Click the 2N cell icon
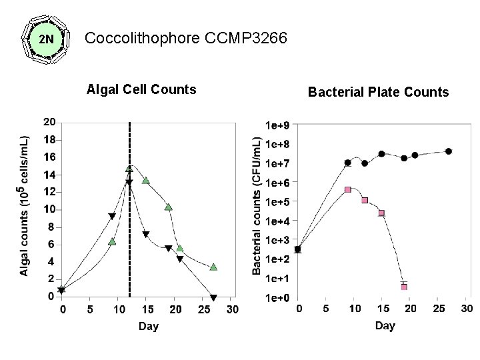tap(45, 39)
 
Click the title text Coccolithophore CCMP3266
tap(187, 39)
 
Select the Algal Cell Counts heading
tap(141, 89)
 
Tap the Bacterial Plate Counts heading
tap(378, 92)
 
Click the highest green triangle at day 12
tap(129, 169)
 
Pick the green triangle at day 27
tap(213, 267)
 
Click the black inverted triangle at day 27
tap(213, 298)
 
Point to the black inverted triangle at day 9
tap(112, 217)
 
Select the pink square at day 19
tap(404, 287)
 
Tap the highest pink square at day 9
tap(348, 190)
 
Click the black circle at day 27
tap(449, 151)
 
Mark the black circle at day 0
tap(298, 249)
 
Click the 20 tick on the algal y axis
tap(50, 122)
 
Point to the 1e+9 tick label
tap(277, 125)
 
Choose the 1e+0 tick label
tap(277, 297)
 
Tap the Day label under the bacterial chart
tap(385, 325)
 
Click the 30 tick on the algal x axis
tap(231, 309)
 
